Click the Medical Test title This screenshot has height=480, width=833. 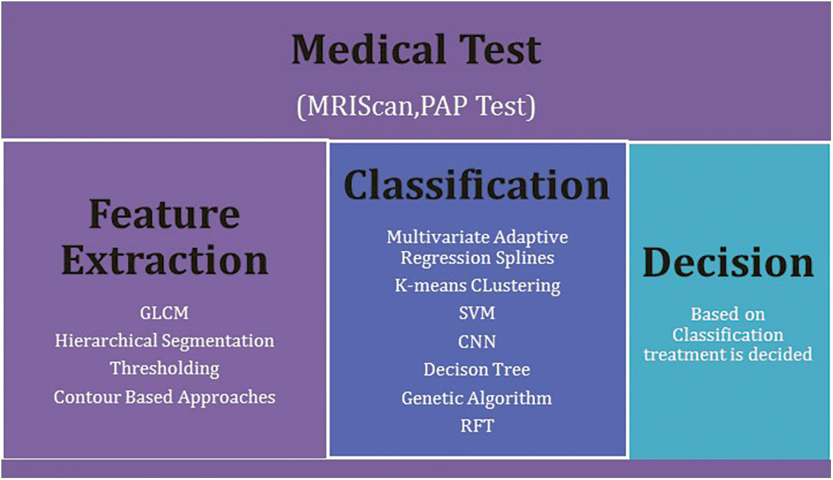click(x=416, y=50)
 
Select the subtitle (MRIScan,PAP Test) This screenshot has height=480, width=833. click(x=416, y=107)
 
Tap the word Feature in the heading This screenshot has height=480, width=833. click(x=165, y=214)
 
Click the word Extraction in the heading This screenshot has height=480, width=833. click(x=165, y=260)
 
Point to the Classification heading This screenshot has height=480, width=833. click(x=477, y=185)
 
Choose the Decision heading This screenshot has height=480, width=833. click(x=728, y=263)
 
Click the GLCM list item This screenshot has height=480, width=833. click(x=165, y=313)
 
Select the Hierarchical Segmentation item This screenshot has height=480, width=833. click(x=165, y=341)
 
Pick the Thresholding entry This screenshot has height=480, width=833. click(x=165, y=369)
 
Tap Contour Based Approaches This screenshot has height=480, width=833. click(x=165, y=397)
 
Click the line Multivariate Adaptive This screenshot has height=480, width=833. click(x=477, y=238)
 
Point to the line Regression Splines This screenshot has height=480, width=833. click(x=477, y=258)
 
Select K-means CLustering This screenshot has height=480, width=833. click(x=477, y=286)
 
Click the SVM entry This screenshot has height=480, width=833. click(x=477, y=313)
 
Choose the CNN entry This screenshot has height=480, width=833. click(x=477, y=342)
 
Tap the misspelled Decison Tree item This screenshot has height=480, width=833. click(x=477, y=369)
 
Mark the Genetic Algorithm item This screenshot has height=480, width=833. click(x=477, y=398)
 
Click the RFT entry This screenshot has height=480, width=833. click(x=477, y=426)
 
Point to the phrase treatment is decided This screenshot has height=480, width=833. click(x=728, y=354)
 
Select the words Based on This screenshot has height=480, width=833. click(x=728, y=314)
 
